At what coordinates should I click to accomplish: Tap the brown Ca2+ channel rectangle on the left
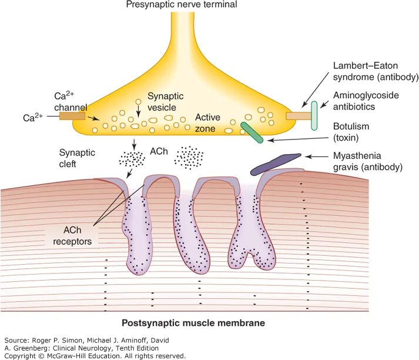tap(72, 116)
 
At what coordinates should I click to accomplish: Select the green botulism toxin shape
tap(251, 132)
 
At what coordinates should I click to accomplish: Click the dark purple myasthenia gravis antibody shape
tap(276, 164)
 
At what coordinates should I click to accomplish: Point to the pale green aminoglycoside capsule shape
tap(314, 116)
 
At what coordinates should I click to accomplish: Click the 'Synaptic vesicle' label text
tap(165, 101)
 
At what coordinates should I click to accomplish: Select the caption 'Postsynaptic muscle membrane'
tap(193, 323)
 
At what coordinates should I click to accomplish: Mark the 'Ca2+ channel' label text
tap(72, 101)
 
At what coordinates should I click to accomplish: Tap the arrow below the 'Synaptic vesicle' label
tap(138, 109)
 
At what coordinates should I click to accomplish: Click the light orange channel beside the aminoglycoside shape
tap(298, 116)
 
